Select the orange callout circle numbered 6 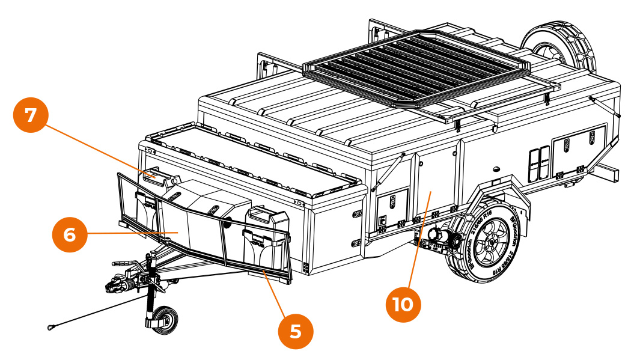tap(70, 234)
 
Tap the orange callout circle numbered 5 tap(296, 331)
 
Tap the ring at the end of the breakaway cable tap(50, 328)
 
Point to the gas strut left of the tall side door tap(389, 171)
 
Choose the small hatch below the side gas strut tap(392, 207)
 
